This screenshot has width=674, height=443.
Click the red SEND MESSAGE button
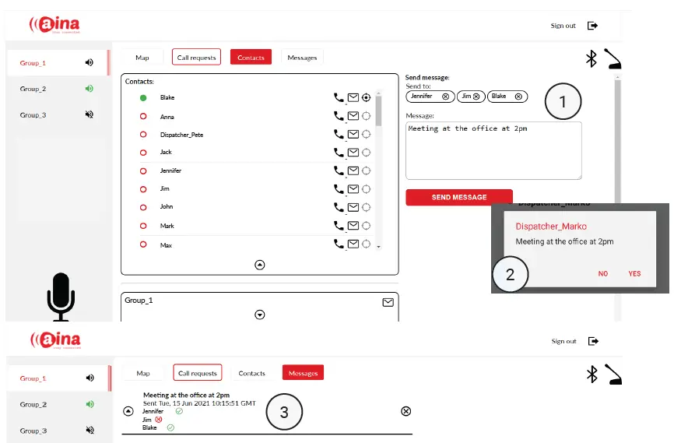[x=459, y=198]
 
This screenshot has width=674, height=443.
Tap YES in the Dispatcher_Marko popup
[x=634, y=274]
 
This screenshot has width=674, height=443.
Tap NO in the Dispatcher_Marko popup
[x=603, y=274]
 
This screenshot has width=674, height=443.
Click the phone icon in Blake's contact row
[x=339, y=98]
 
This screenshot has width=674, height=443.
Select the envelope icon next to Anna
[x=353, y=116]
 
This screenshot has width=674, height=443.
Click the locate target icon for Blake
[x=367, y=98]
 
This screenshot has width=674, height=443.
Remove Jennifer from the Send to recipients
[x=445, y=97]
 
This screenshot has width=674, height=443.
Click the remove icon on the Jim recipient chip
[x=477, y=97]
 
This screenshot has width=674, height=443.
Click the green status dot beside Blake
[x=143, y=98]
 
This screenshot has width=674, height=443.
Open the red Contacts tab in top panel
[x=251, y=58]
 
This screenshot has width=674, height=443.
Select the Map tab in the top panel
[x=142, y=58]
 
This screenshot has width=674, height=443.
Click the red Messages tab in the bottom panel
[x=303, y=374]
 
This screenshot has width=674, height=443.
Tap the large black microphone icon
[x=61, y=296]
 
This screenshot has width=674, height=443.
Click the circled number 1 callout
[x=563, y=101]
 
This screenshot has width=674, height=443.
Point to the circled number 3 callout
[x=284, y=413]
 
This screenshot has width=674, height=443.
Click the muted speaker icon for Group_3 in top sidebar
[x=90, y=114]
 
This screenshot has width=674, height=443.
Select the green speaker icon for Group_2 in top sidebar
[x=90, y=89]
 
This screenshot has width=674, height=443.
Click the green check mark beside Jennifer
[x=179, y=411]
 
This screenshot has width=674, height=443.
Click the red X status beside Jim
[x=159, y=419]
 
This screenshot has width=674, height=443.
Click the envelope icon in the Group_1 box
[x=388, y=302]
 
